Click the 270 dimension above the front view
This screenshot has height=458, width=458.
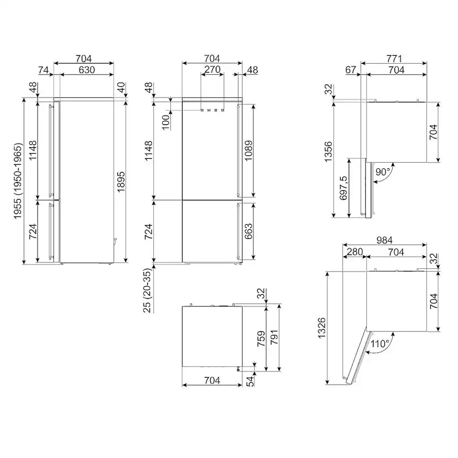[212, 70]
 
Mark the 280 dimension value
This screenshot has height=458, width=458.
[353, 252]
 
